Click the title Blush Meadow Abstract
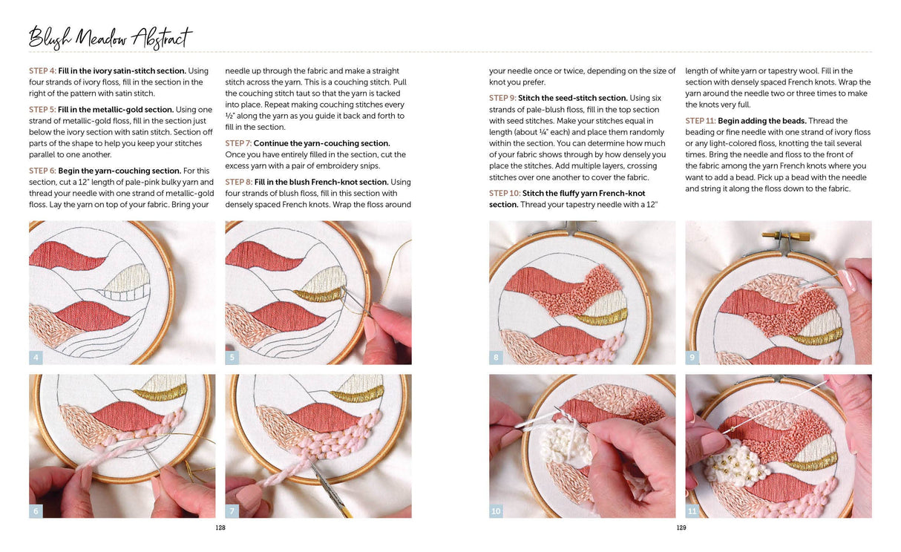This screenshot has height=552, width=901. pos(110,37)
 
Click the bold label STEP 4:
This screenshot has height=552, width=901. pos(47,71)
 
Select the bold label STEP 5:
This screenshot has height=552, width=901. pos(47,110)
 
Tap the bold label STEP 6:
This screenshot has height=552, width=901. pos(47,171)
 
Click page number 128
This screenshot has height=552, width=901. pos(220,528)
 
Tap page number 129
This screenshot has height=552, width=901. pos(681,528)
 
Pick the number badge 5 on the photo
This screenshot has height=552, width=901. pos(232,358)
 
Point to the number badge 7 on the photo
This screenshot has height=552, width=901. pos(232,510)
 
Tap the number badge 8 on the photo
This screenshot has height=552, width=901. pos(497,358)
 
